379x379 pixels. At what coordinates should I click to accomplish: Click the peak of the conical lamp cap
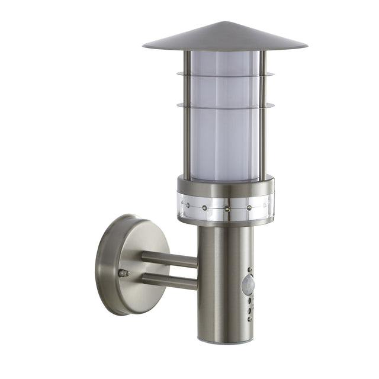[224, 23]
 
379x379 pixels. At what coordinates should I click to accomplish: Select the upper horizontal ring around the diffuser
[225, 75]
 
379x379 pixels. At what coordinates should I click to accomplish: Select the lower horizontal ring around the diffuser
[225, 107]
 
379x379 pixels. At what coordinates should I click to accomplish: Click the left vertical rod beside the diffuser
[187, 118]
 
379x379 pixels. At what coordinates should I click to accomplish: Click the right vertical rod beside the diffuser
[262, 118]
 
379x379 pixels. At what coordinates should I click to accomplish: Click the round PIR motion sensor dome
[249, 285]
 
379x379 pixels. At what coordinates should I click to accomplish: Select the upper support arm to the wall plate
[169, 259]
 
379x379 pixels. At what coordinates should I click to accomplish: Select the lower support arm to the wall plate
[169, 281]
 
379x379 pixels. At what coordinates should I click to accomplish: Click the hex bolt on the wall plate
[123, 273]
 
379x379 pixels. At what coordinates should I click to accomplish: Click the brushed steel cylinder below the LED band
[219, 278]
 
